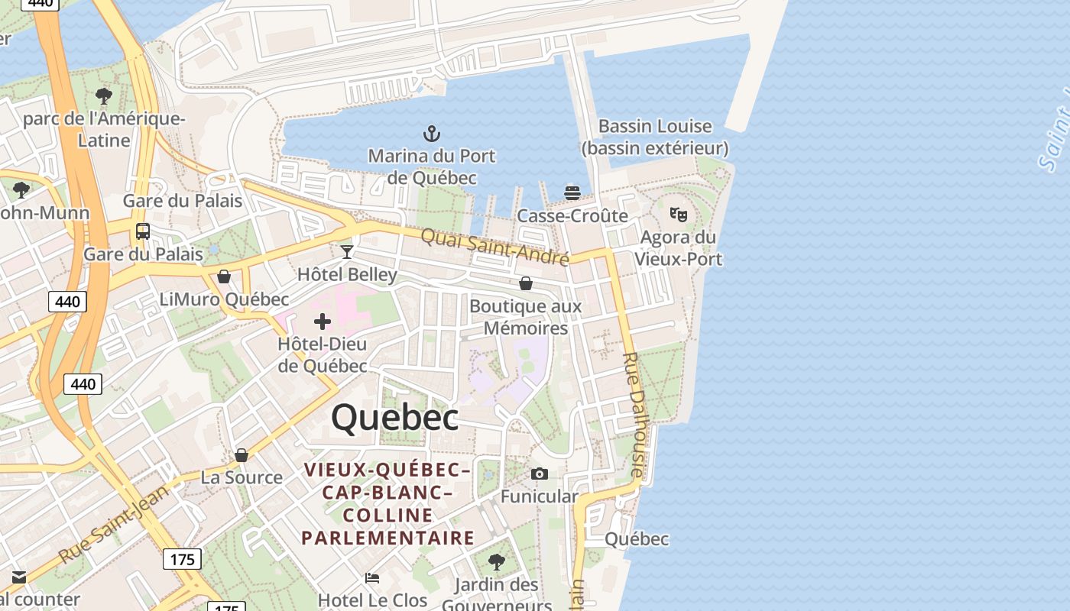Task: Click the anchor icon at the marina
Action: point(432,134)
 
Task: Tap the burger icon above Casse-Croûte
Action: point(572,193)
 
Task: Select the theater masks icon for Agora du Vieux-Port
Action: point(678,215)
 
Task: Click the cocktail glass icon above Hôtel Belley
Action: point(347,251)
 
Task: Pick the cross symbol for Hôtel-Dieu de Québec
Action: point(323,322)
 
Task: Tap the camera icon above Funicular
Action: point(540,474)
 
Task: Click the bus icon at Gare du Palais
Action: point(142,231)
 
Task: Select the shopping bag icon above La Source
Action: point(242,455)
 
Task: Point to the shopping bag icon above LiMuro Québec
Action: point(224,276)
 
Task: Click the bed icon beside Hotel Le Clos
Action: point(372,577)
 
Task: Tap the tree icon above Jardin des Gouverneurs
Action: point(497,563)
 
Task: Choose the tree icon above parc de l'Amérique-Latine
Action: point(104,96)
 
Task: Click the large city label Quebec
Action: point(395,417)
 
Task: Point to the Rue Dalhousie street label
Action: point(635,414)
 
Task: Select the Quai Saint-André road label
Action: point(495,246)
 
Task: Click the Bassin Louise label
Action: point(655,127)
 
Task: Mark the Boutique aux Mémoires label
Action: point(525,317)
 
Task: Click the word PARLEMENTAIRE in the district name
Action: point(388,538)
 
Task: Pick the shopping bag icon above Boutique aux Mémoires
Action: point(526,284)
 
